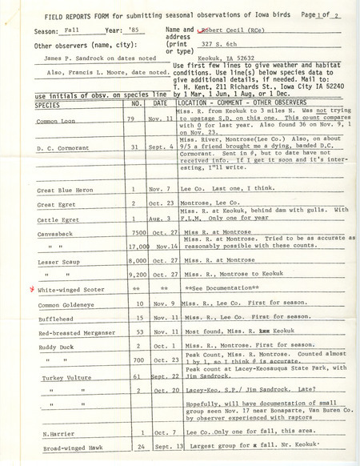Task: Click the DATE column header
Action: [160, 104]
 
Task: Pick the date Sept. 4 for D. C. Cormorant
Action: [161, 147]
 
